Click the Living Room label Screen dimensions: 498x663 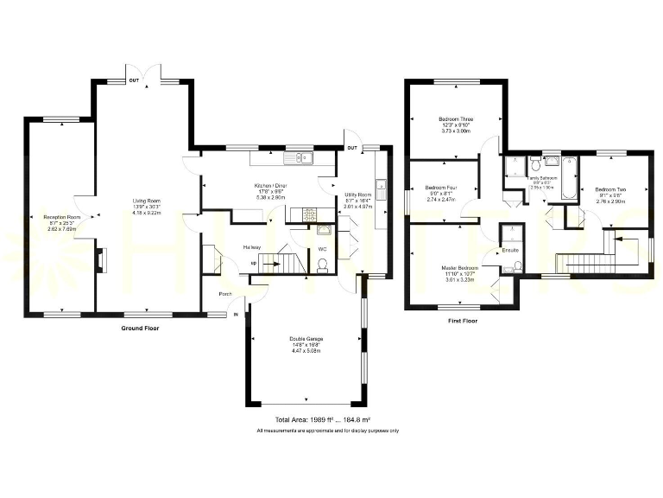(x=147, y=201)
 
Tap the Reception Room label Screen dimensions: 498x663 (x=62, y=217)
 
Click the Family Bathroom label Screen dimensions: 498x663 (x=543, y=177)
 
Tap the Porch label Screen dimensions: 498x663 (x=225, y=293)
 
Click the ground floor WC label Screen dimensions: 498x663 (x=321, y=249)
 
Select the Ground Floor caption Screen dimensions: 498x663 (x=140, y=329)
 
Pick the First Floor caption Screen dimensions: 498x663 (x=463, y=321)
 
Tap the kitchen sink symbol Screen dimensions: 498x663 (x=301, y=157)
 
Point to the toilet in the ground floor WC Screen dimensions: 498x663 (x=322, y=267)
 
